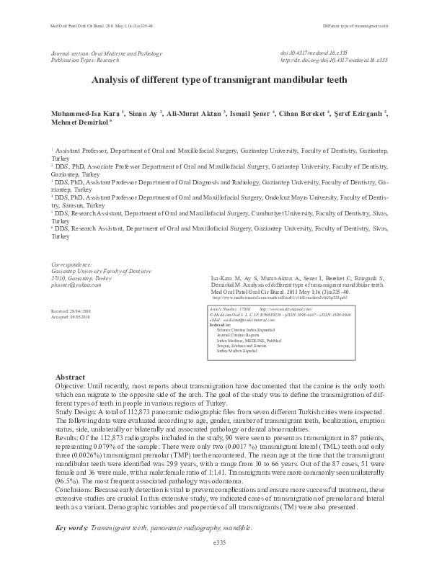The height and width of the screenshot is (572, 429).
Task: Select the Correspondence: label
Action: pyautogui.click(x=72, y=264)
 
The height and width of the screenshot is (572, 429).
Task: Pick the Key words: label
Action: pyautogui.click(x=72, y=529)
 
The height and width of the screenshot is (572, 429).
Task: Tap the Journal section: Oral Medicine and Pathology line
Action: pyautogui.click(x=107, y=54)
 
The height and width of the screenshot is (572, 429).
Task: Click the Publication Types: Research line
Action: pyautogui.click(x=89, y=61)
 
